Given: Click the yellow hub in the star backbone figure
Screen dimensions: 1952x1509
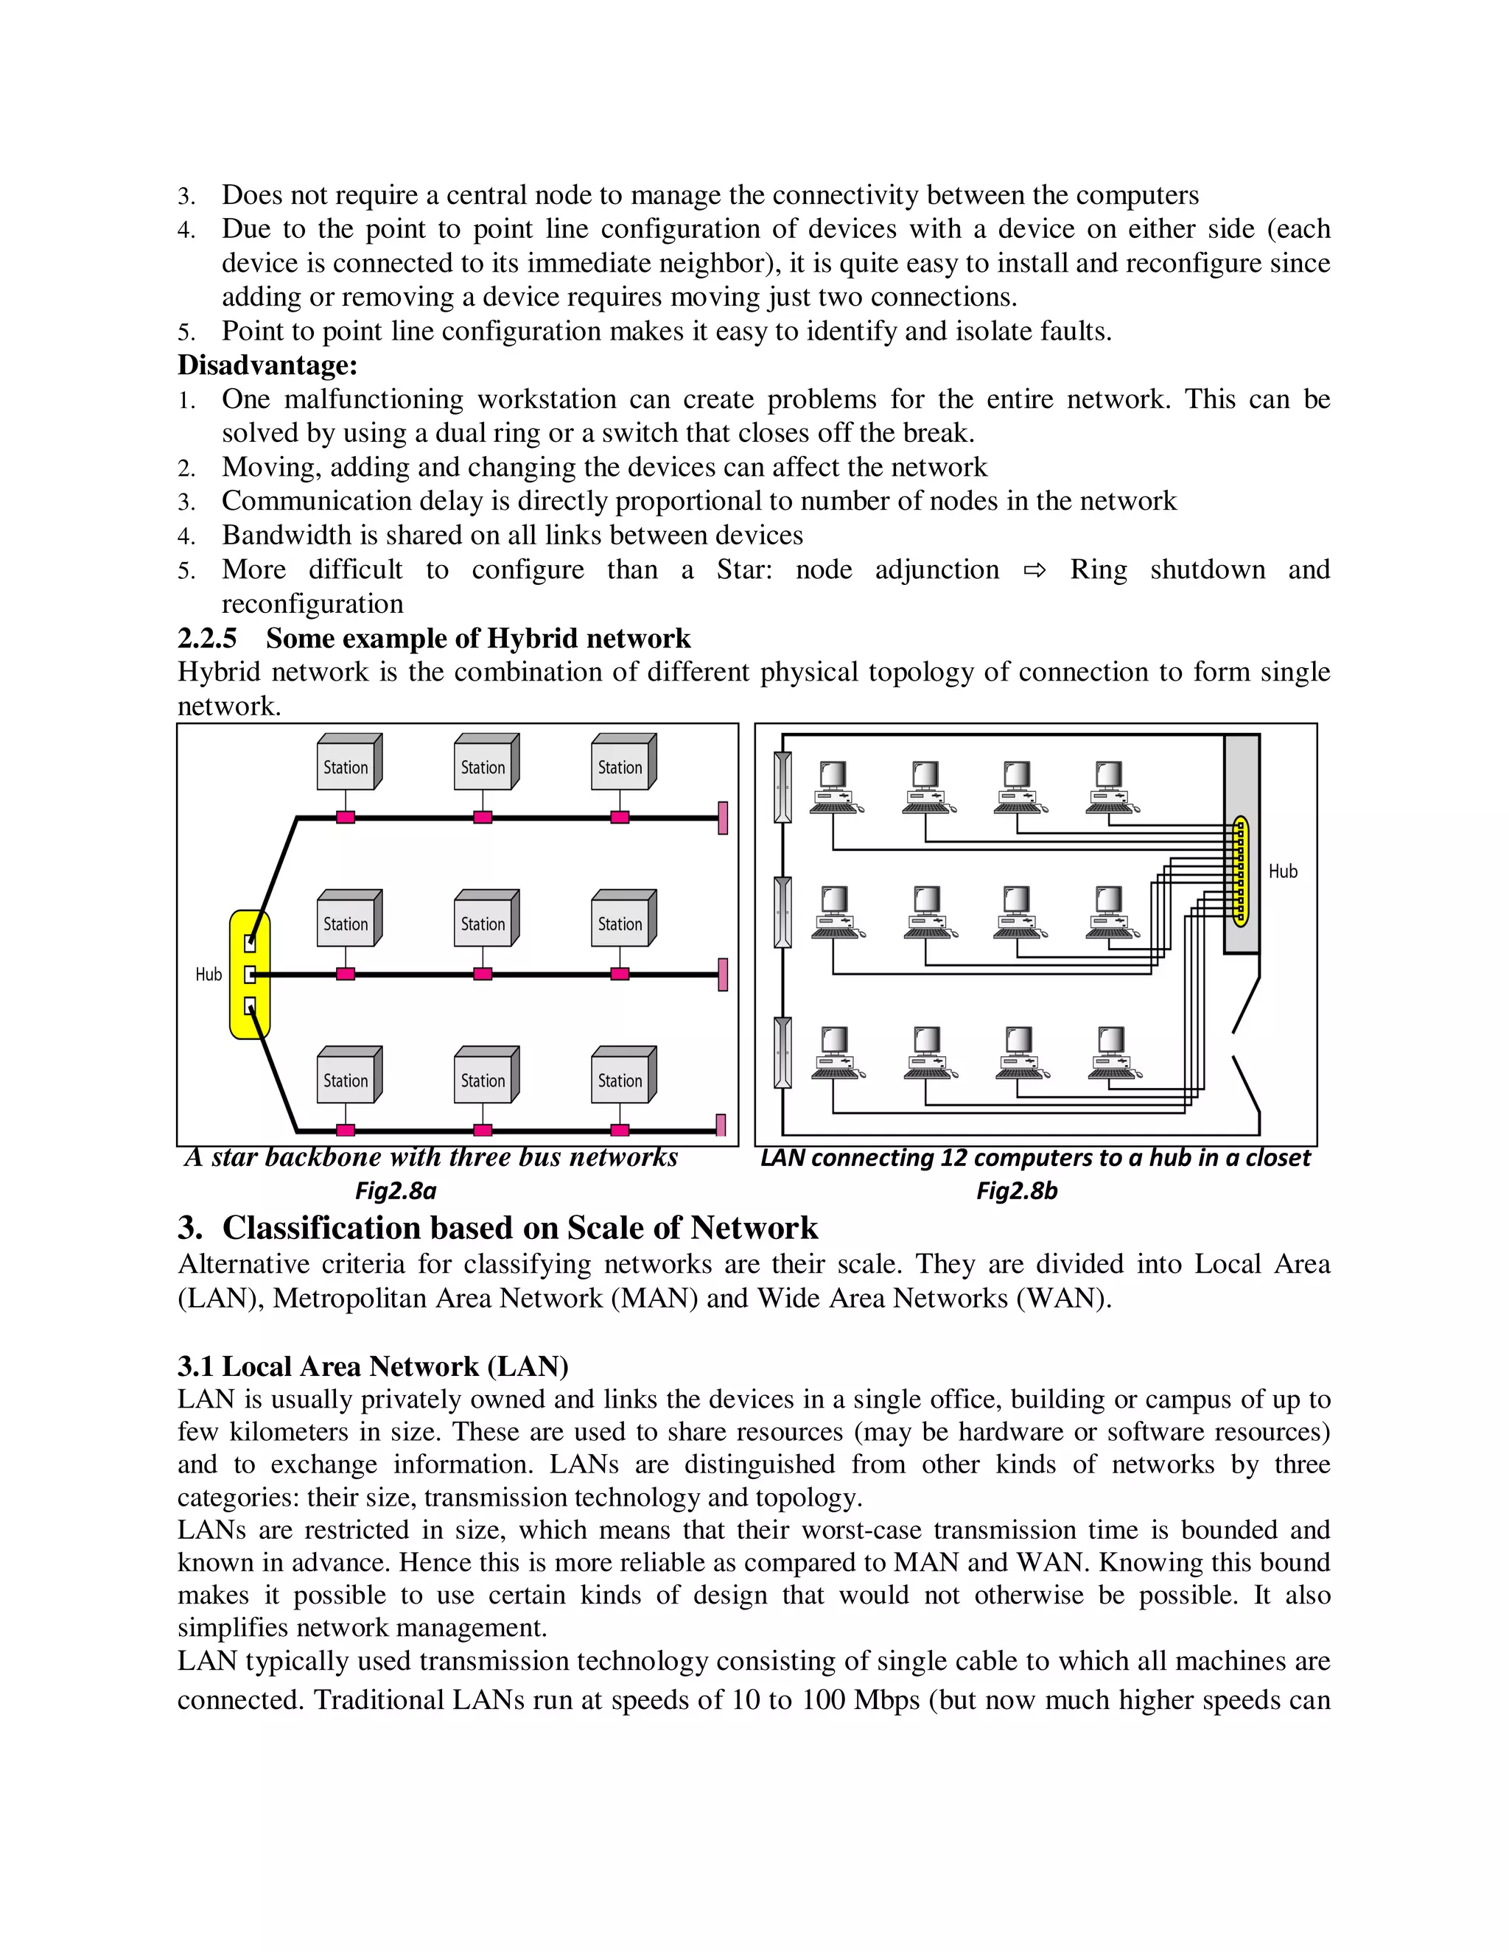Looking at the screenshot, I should click(250, 975).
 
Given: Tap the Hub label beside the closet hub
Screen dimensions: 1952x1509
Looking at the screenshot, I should click(1283, 871).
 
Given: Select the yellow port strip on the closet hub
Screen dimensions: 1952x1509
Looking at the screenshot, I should click(1240, 870).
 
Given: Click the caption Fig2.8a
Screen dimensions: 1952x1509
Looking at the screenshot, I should click(395, 1190).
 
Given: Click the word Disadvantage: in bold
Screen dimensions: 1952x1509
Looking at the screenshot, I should click(267, 365).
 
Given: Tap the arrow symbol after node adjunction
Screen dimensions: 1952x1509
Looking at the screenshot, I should click(1034, 570).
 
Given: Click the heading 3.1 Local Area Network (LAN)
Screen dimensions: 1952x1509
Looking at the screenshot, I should click(373, 1366).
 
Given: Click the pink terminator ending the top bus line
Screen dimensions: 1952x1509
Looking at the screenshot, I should click(722, 818).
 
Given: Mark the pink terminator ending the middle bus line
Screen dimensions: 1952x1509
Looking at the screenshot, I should click(722, 975).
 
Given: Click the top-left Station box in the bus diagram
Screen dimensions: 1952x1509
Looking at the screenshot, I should click(349, 762).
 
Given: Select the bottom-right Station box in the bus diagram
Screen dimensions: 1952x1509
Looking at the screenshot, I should click(623, 1075).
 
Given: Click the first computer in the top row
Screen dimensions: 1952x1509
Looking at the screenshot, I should click(834, 787).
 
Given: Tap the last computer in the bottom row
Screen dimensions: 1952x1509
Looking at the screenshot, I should click(1111, 1053).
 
